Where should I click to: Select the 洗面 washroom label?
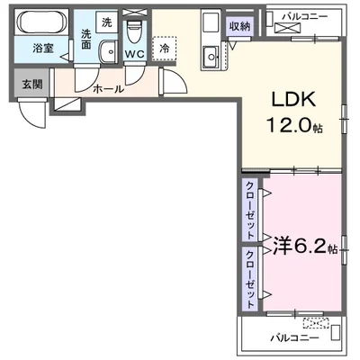(86, 39)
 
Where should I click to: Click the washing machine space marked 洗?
(106, 22)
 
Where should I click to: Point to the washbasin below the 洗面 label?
(107, 52)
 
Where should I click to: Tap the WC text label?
(134, 55)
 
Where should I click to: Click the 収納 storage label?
(238, 26)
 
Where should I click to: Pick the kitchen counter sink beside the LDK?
(213, 58)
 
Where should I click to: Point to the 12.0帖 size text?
(292, 127)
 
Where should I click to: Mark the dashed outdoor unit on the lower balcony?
(318, 322)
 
